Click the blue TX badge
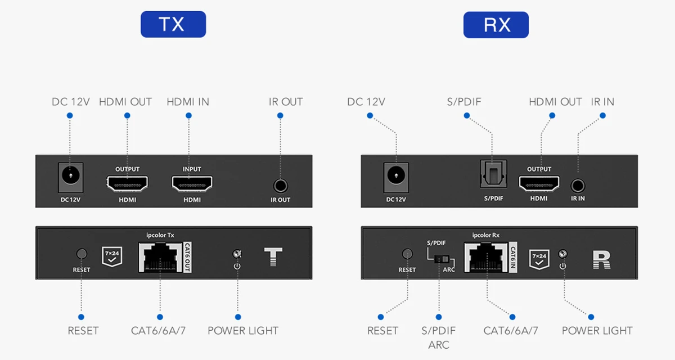173,24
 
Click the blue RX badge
496,25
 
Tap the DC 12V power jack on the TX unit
71,176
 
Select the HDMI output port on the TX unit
127,183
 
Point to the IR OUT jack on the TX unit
280,186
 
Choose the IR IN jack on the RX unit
578,184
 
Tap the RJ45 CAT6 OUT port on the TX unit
160,257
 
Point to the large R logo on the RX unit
601,259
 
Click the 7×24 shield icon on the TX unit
111,255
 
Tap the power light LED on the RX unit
562,254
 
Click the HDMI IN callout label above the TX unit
188,102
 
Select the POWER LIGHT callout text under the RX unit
597,331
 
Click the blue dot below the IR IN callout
603,116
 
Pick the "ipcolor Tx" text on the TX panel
160,234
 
